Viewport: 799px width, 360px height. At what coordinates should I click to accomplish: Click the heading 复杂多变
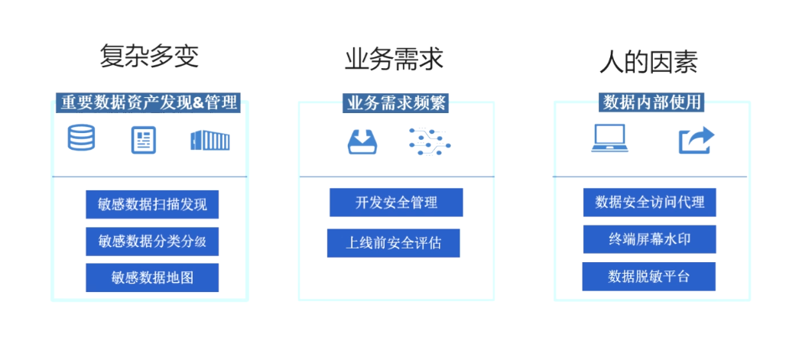(149, 57)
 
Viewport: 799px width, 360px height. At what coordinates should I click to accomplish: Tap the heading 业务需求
(394, 59)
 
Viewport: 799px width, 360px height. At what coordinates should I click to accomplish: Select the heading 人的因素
(648, 61)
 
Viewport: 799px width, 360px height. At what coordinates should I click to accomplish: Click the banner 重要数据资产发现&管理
(148, 102)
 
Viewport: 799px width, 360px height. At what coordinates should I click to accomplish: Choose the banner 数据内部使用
(651, 102)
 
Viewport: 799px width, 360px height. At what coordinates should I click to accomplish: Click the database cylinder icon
(82, 139)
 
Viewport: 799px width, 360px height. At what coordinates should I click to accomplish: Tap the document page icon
(143, 140)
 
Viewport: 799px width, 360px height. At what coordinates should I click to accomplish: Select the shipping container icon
(210, 140)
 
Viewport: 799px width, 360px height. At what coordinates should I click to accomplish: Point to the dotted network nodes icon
(429, 141)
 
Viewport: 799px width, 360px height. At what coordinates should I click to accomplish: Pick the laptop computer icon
(609, 139)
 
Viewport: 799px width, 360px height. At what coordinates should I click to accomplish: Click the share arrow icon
(696, 140)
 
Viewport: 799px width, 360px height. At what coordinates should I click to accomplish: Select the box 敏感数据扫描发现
(152, 204)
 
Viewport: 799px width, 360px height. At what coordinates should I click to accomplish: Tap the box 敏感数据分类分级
(152, 241)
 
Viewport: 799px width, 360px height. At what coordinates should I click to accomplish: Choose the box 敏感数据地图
(152, 277)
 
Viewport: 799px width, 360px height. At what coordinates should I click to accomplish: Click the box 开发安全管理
(396, 203)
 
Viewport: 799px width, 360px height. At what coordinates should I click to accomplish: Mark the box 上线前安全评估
(393, 243)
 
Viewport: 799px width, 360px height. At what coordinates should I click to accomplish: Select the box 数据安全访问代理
(649, 203)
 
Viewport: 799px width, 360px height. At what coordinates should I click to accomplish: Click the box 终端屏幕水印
(649, 239)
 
